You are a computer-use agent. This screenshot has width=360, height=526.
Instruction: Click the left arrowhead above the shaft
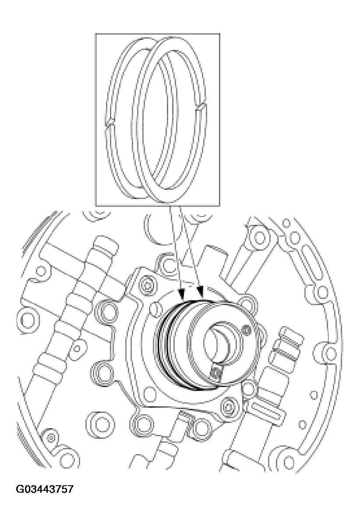click(x=180, y=291)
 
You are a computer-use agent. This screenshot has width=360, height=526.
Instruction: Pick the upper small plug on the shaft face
click(x=247, y=330)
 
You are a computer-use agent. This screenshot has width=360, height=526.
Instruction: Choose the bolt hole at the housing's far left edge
click(x=25, y=315)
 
